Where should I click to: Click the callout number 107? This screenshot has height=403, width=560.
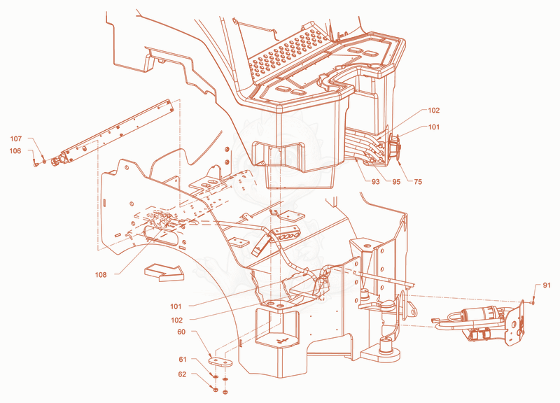[x=15, y=139]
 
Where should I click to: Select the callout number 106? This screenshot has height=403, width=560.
[x=15, y=151]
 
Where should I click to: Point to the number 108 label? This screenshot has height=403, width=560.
[x=101, y=274]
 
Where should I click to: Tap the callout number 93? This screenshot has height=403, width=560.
[x=375, y=182]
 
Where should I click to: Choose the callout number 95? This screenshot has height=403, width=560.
[x=396, y=182]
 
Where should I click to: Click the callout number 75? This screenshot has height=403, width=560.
[x=418, y=182]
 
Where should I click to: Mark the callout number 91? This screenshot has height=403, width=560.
[x=547, y=285]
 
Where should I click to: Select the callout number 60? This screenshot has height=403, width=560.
[x=181, y=332]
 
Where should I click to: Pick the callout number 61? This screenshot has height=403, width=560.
[x=183, y=359]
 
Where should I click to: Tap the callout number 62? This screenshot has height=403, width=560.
[x=182, y=374]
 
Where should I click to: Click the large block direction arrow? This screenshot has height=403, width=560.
[x=164, y=272]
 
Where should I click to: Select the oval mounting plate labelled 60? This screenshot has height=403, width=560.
[x=220, y=362]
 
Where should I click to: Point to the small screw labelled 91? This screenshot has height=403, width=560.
[x=533, y=301]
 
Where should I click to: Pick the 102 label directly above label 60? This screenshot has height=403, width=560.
[x=177, y=320]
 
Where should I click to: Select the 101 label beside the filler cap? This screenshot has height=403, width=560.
[x=434, y=127]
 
